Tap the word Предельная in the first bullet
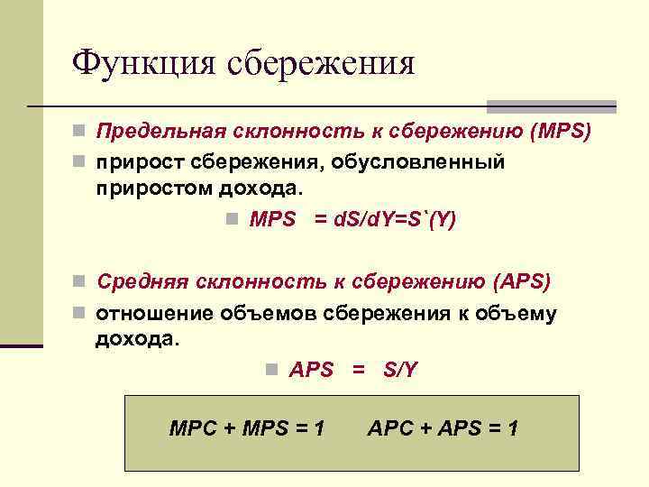point(159,133)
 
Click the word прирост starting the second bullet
point(136,162)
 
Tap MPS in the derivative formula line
point(272,221)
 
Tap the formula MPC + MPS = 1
point(247,428)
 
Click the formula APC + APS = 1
point(443,428)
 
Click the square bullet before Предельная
point(80,133)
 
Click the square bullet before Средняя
point(80,282)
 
